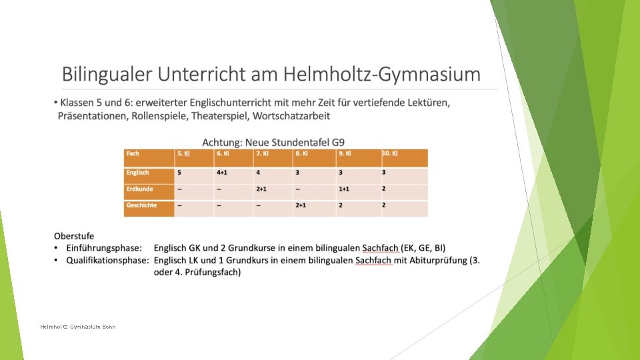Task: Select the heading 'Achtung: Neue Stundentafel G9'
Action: pos(273,142)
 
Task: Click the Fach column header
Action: pos(133,154)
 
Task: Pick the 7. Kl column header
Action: pos(263,154)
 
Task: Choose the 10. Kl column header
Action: pos(390,154)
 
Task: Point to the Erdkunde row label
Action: pos(139,189)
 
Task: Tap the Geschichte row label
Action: pos(141,205)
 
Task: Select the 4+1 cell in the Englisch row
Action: pos(223,173)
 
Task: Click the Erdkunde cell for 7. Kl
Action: pos(261,189)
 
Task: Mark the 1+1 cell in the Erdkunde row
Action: pos(344,189)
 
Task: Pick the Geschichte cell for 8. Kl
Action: pos(301,205)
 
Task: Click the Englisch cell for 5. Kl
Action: pos(179,173)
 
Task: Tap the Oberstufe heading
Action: pos(74,236)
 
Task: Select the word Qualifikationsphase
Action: pos(107,260)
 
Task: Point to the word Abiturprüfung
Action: pos(434,260)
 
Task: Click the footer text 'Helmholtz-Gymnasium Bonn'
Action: pos(78,327)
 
